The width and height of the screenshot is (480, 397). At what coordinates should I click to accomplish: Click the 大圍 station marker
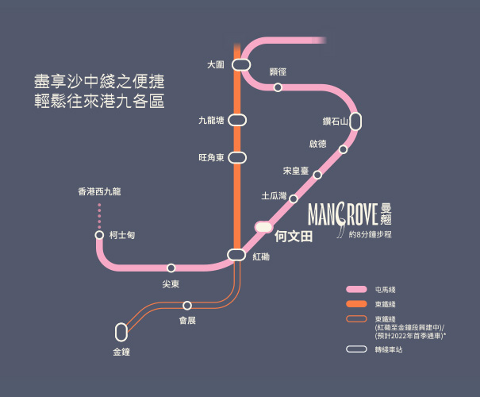241,64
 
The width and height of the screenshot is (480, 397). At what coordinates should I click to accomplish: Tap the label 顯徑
278,72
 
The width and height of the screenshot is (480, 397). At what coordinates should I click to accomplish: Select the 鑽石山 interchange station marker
355,121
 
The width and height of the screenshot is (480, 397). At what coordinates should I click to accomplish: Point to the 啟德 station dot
343,149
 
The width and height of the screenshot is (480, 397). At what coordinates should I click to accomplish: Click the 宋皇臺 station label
296,171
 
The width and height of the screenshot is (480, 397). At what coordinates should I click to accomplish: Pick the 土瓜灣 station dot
293,198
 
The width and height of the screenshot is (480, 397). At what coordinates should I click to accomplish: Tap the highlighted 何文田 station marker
263,226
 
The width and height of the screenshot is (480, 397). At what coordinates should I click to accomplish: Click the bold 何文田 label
294,236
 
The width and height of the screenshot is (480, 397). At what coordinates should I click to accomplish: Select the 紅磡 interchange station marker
236,254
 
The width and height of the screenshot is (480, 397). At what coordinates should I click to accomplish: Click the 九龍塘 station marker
236,121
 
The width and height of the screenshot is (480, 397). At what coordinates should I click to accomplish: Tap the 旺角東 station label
211,158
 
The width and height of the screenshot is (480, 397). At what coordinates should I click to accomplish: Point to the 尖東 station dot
171,268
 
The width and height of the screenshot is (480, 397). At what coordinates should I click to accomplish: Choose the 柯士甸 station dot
99,235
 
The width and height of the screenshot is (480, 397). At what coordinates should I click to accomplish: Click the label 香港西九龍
99,191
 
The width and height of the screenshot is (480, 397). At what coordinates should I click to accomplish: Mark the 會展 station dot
187,305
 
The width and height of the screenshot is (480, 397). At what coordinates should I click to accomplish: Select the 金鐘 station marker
121,330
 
